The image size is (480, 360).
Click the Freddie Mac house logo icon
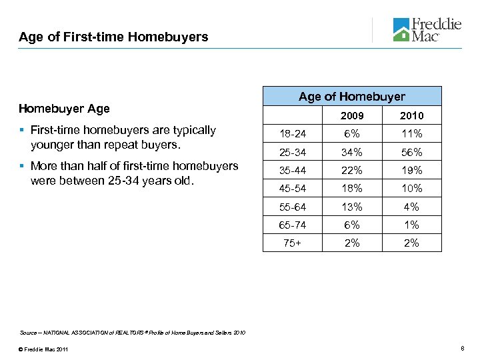[401, 30]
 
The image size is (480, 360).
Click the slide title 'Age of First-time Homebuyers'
[113, 37]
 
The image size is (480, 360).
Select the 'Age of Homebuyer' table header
[351, 97]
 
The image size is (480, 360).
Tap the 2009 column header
[352, 116]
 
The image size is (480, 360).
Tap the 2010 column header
[411, 116]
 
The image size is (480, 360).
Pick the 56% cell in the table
[411, 152]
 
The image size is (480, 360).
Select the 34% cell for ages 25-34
[352, 152]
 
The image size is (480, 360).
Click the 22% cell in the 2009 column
[352, 171]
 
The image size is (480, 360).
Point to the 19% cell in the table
[411, 171]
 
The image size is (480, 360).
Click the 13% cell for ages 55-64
[352, 207]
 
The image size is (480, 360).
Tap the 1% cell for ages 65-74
[411, 225]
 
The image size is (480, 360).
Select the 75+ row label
[292, 243]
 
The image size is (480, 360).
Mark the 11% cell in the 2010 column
[411, 134]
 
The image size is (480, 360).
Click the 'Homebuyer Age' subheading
[64, 108]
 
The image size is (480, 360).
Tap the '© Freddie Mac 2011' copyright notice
[44, 350]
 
